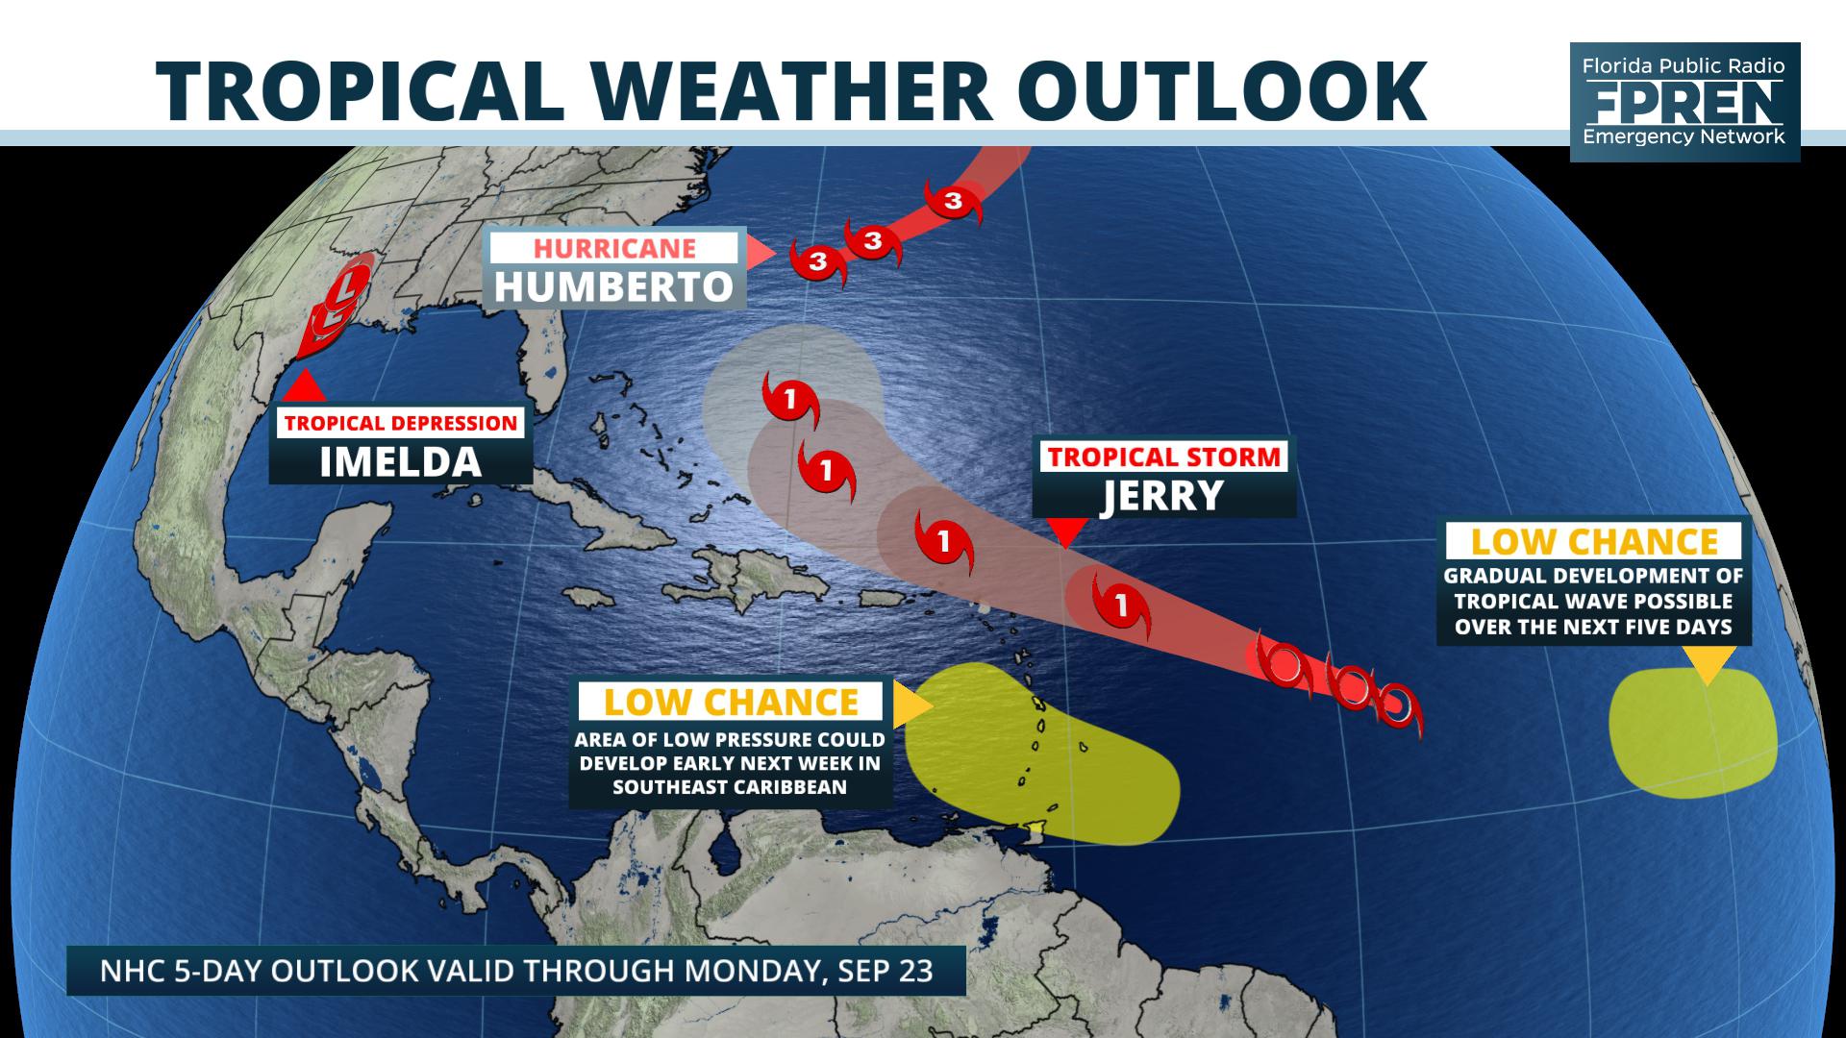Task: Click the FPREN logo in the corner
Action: coord(1684,101)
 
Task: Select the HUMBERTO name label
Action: coord(613,286)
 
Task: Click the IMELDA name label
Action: coord(400,462)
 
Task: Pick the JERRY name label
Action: coord(1162,496)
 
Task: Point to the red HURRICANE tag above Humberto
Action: coord(614,247)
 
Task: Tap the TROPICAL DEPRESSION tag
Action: coord(400,423)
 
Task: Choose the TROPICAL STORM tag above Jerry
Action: coord(1164,457)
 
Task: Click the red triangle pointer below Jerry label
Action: coord(1065,531)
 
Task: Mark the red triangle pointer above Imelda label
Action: coord(304,386)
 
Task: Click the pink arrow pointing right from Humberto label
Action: coord(760,253)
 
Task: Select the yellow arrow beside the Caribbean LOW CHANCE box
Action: coord(910,706)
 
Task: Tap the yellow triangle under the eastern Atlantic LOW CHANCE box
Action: coord(1708,663)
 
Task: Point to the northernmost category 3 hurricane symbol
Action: coord(953,202)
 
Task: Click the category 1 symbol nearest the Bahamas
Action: coord(790,398)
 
